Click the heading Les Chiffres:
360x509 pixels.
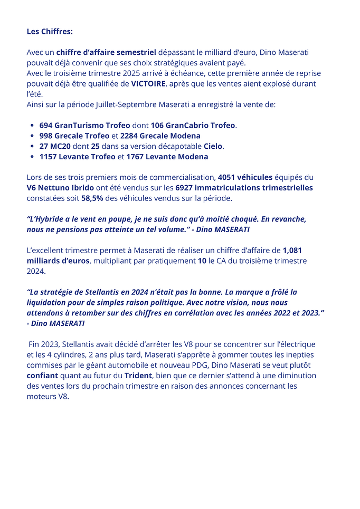(x=50, y=32)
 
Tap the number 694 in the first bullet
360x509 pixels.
(x=46, y=126)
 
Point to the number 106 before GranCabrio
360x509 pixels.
(x=157, y=126)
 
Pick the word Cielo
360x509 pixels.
(x=213, y=146)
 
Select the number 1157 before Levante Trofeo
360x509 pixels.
(x=49, y=157)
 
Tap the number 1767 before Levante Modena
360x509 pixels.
(x=136, y=157)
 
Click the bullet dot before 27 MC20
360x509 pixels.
(x=33, y=146)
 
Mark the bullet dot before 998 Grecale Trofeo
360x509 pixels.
(x=33, y=136)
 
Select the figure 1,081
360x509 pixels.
(x=292, y=250)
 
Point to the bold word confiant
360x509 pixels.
(x=43, y=376)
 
